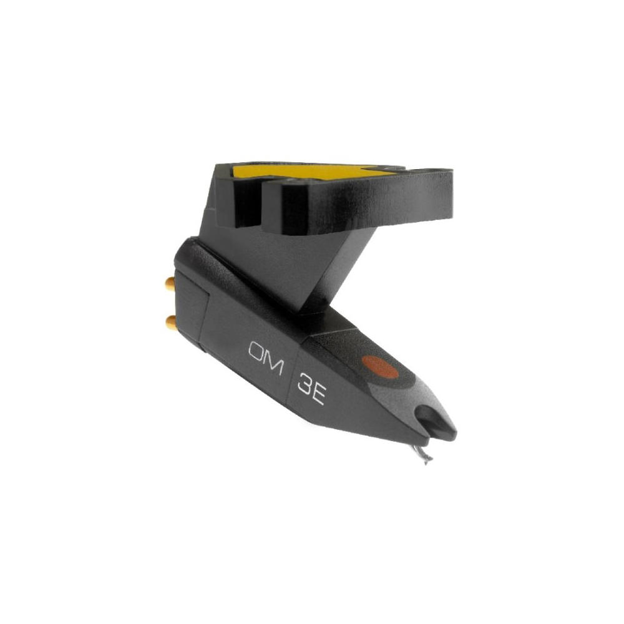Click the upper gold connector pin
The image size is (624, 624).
pos(169,285)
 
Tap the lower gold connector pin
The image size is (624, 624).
pos(169,322)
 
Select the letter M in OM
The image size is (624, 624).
pos(274,362)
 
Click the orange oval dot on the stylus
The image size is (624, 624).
pos(380,368)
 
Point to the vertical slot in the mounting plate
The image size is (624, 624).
pos(256,200)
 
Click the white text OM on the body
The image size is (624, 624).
pos(265,356)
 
